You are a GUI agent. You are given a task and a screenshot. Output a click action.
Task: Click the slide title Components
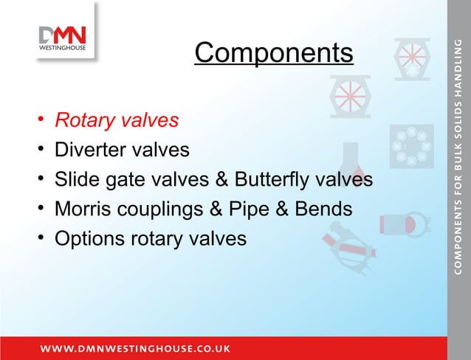coord(274,53)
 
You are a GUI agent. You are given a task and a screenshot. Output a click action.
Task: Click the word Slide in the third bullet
coord(76,180)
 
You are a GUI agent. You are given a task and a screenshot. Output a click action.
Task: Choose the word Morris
coord(83,210)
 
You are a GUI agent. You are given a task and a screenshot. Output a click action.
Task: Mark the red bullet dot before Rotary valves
coord(41,120)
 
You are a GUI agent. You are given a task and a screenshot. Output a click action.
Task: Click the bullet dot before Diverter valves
coord(41,150)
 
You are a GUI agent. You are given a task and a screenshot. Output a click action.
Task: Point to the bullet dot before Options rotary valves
coord(41,240)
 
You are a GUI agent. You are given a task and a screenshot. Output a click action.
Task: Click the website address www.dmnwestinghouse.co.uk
coord(135,347)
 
